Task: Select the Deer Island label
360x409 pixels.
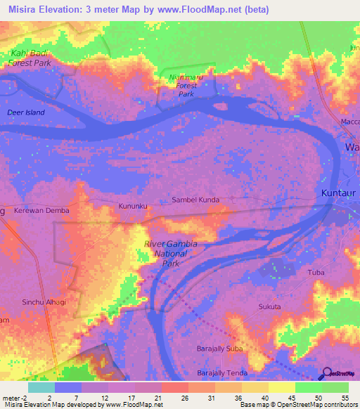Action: pos(25,112)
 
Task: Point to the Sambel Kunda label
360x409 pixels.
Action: pos(195,200)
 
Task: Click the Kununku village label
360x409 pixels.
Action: pos(132,207)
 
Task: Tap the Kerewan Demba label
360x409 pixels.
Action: pos(39,210)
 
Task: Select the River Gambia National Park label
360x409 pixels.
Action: pos(171,254)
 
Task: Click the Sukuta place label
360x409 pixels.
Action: pos(269,307)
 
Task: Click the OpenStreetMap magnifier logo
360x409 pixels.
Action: pos(327,375)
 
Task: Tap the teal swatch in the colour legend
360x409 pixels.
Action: pos(41,388)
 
